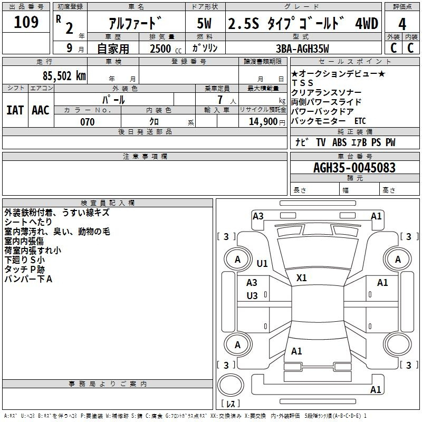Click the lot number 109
coord(26,22)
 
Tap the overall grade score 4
coord(402,24)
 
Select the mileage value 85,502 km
coord(64,76)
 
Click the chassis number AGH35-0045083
coord(354,168)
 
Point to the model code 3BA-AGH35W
coord(302,49)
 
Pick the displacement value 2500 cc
coord(166,49)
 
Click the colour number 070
coord(88,122)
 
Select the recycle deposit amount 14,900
coord(263,122)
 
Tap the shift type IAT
coord(15,110)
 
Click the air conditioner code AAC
coord(41,110)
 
